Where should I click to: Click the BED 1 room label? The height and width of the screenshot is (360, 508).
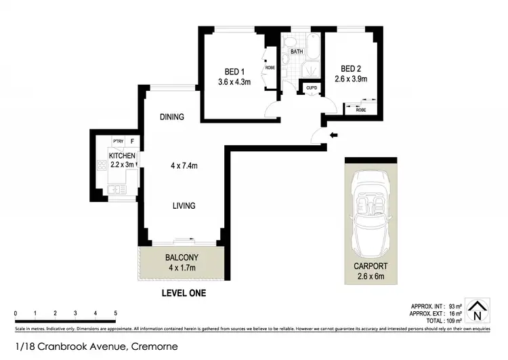(x=235, y=71)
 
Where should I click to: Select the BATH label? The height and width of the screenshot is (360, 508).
(x=297, y=51)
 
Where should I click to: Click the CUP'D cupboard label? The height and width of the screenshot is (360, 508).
(x=312, y=88)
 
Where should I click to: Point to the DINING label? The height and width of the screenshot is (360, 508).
(x=172, y=117)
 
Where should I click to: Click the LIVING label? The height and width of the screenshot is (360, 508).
(x=184, y=205)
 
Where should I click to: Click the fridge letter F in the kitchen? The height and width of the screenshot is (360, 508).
(x=133, y=141)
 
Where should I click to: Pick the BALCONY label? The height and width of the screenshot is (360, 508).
(x=182, y=257)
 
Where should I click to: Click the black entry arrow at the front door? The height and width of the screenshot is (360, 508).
(x=332, y=135)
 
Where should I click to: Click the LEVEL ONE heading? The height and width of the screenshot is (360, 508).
(x=183, y=294)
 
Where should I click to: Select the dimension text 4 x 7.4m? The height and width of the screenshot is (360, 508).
(x=184, y=164)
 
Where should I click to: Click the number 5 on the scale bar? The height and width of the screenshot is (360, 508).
(x=116, y=313)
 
